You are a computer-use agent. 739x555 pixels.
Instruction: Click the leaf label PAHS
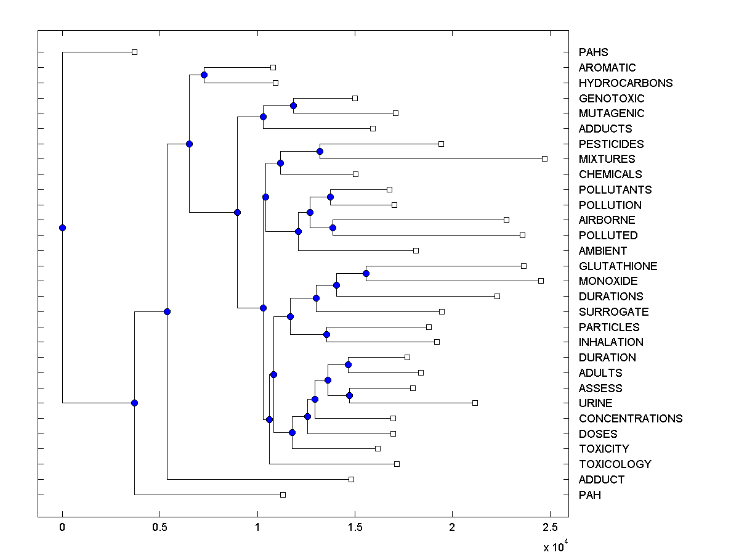(593, 52)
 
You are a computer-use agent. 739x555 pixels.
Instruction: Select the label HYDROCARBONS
(626, 83)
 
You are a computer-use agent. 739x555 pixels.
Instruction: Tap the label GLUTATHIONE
(618, 266)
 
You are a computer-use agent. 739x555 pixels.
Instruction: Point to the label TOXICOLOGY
(615, 464)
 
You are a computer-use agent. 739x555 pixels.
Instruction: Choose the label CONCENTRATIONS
(631, 418)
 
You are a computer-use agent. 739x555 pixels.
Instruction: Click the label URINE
(596, 403)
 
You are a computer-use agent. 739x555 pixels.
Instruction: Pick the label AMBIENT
(602, 250)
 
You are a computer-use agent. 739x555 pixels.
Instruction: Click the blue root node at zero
(62, 228)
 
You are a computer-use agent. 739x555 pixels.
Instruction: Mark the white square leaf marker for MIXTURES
(544, 158)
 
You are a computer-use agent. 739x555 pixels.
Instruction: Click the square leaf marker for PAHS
(134, 52)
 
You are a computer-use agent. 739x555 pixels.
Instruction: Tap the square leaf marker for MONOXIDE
(541, 281)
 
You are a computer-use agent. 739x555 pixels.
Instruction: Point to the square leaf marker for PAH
(283, 495)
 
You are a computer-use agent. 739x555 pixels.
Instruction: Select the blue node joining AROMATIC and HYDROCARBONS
(204, 75)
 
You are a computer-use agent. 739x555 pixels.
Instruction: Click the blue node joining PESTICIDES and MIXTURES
(320, 151)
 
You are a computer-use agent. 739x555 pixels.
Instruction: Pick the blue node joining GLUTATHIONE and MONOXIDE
(366, 273)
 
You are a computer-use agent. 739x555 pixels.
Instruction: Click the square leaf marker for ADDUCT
(351, 479)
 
